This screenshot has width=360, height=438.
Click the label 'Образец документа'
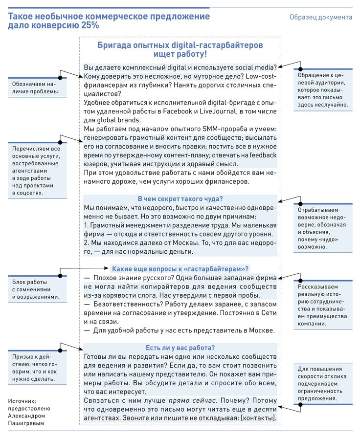(x=320, y=17)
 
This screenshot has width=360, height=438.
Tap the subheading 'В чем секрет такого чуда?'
(x=180, y=199)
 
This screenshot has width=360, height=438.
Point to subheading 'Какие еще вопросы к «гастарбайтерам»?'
(x=180, y=268)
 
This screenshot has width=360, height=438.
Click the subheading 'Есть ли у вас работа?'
(x=180, y=348)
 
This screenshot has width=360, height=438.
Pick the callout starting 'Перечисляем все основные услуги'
(x=37, y=170)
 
